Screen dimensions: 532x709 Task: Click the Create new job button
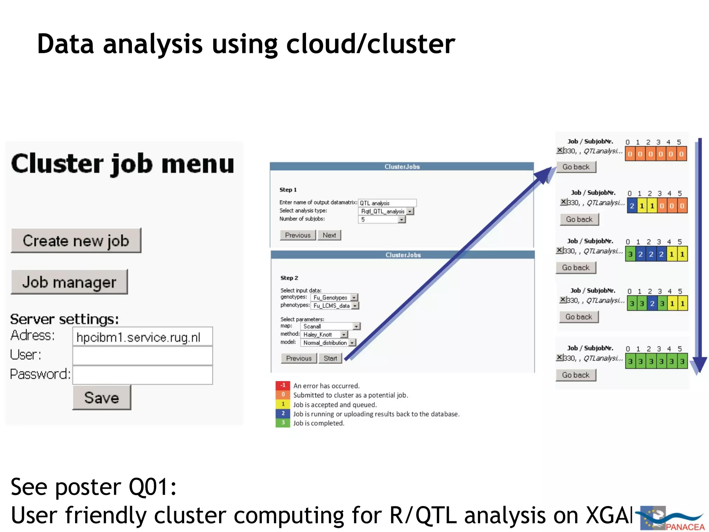click(x=76, y=240)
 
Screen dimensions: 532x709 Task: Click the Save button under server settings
click(x=102, y=397)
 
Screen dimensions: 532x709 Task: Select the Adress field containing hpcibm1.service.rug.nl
click(x=142, y=337)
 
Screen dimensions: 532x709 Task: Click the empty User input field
click(x=142, y=356)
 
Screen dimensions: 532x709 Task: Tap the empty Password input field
click(x=142, y=375)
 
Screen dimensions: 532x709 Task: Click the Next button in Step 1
click(x=329, y=235)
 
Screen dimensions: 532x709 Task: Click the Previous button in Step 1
click(x=298, y=235)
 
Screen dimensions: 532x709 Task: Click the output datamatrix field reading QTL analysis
click(x=387, y=203)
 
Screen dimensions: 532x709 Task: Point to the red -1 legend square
click(x=283, y=385)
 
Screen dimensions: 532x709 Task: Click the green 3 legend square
click(x=283, y=423)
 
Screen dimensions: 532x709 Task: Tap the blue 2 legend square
click(x=283, y=414)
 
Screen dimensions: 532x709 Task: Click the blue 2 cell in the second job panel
click(x=632, y=206)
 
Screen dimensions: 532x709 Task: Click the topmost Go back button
click(x=576, y=167)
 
